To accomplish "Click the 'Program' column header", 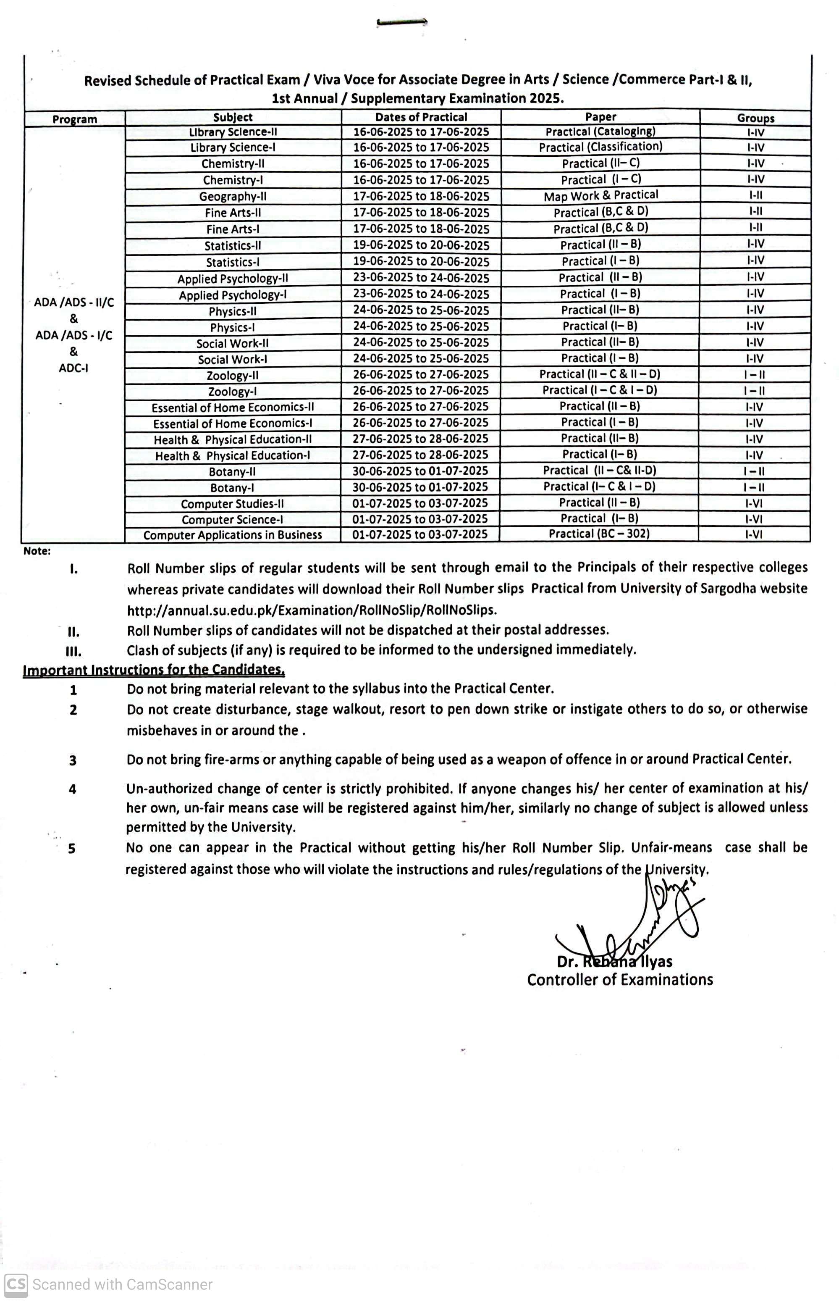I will pos(75,119).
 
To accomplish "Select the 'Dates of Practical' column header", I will pos(421,117).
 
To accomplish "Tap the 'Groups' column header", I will pos(755,118).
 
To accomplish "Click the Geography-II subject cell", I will pos(233,196).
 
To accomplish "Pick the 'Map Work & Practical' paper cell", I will pos(601,196).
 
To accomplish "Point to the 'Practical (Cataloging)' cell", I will pos(600,132).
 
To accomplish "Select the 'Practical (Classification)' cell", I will pos(600,147).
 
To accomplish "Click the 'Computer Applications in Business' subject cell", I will pos(233,535).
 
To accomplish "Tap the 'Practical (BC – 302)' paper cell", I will pos(599,534).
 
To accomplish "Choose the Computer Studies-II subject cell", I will pos(233,504).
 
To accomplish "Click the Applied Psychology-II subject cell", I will pos(233,279).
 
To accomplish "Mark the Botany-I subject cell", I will pos(233,488).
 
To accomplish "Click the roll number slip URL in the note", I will pos(312,610).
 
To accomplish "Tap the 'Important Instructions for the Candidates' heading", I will pos(154,669).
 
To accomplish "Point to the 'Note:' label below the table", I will pos(37,551).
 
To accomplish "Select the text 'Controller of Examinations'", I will pos(619,980).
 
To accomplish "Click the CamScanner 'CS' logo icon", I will pos(16,1284).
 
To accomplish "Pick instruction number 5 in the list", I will pos(72,849).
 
